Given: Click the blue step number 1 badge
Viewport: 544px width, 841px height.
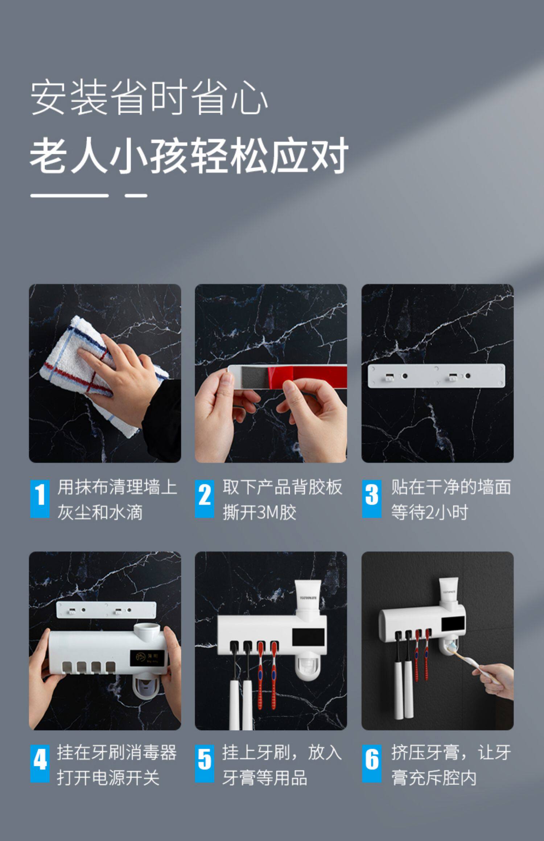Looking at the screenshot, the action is pos(40,498).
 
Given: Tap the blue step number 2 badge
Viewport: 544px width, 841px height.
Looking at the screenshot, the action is pos(205,498).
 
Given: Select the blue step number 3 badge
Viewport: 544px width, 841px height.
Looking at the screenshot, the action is pos(371,498).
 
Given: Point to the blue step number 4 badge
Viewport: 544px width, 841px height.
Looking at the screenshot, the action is pos(40,763).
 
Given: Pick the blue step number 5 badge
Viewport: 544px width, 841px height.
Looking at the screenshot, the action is pos(205,763).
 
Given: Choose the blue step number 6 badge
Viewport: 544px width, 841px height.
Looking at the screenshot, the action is pos(371,763).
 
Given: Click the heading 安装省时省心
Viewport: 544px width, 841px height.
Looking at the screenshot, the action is pos(149,98).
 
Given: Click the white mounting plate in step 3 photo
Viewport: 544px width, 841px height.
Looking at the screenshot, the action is pos(436,376).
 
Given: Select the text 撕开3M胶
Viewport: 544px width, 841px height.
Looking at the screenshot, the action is pos(259,512).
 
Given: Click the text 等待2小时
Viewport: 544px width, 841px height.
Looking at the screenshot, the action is pos(429,512).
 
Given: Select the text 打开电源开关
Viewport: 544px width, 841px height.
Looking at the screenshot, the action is pos(108,777).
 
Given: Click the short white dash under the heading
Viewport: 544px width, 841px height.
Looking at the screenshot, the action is pos(136,196).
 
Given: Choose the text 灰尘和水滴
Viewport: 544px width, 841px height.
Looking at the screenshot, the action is pos(100,512).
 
